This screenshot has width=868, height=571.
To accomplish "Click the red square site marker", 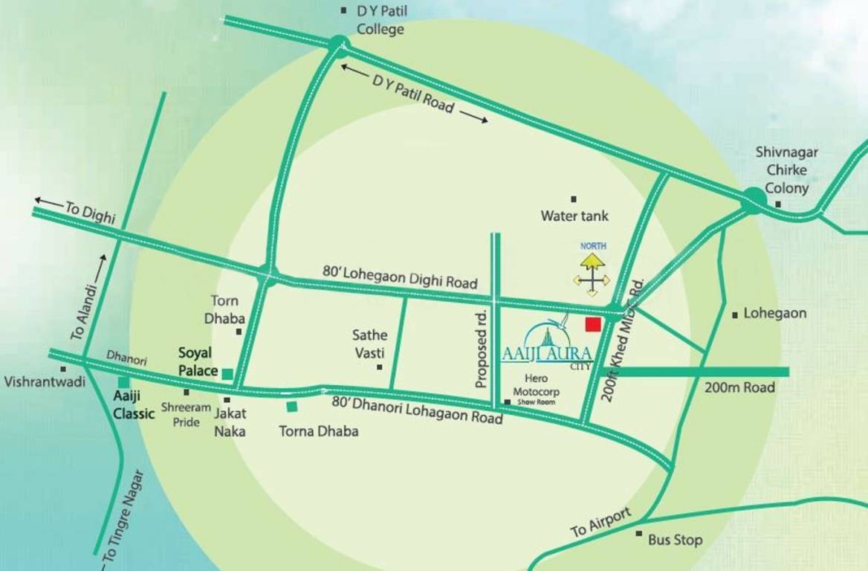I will [x=592, y=324].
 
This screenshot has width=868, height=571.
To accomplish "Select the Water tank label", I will [x=574, y=216].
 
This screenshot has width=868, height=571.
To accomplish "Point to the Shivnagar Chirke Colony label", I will [x=786, y=170].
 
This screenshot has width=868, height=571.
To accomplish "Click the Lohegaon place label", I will [x=774, y=314].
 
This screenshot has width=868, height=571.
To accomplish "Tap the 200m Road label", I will [x=739, y=387].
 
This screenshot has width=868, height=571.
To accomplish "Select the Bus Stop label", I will [x=674, y=540].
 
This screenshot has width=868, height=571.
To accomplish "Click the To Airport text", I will [x=600, y=523].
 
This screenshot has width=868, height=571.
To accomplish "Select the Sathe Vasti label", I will [x=370, y=344].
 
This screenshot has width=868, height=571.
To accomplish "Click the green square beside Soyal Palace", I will [x=228, y=373].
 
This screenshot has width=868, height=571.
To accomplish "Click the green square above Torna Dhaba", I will [x=293, y=406].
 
